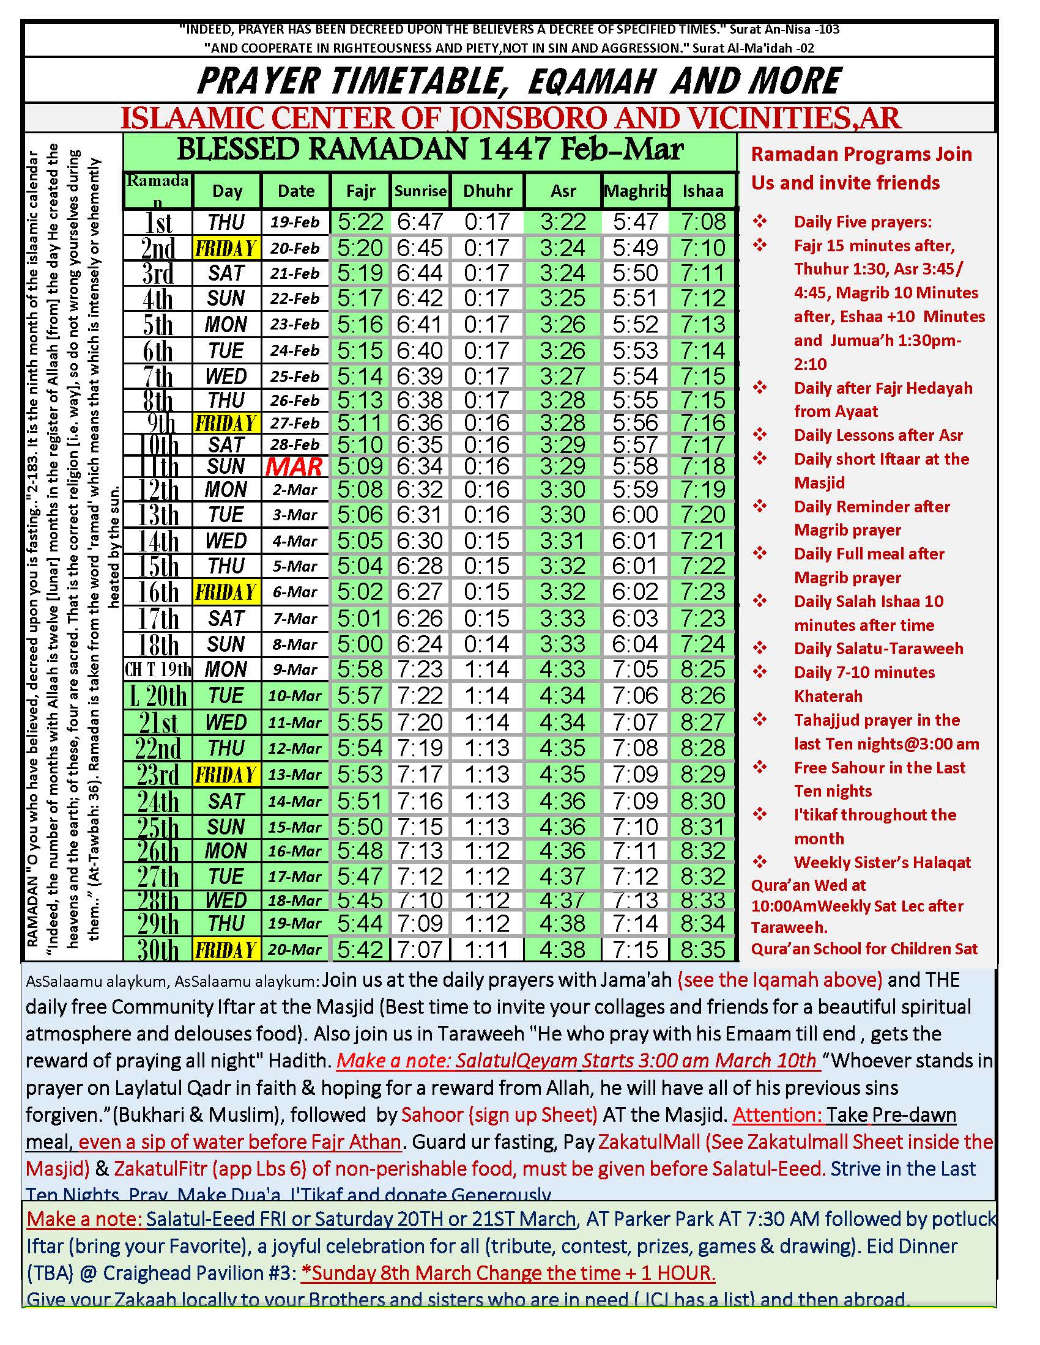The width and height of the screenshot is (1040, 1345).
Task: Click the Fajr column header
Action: point(360,191)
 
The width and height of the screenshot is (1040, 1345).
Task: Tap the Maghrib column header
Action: point(635,191)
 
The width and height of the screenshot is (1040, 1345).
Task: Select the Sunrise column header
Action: point(420,191)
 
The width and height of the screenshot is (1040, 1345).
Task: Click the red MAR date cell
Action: point(294,467)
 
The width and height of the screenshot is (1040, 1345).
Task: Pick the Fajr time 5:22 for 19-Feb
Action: point(360,222)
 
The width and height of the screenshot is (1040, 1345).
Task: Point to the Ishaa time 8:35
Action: point(703,949)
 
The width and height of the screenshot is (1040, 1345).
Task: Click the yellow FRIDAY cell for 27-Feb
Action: point(226,423)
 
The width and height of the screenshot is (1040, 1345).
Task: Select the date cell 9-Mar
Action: point(295,669)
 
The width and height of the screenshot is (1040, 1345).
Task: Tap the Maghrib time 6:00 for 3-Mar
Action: point(635,515)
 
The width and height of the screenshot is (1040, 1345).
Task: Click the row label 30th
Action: point(158,950)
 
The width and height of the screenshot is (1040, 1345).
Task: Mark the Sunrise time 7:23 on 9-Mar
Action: point(420,669)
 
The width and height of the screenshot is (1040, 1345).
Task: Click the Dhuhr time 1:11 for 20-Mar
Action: point(487,949)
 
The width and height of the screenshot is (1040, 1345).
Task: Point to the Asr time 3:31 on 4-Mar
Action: point(562,540)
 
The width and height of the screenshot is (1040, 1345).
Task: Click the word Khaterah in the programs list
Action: point(828,696)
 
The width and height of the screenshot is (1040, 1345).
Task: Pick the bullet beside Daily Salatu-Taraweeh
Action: point(760,648)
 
